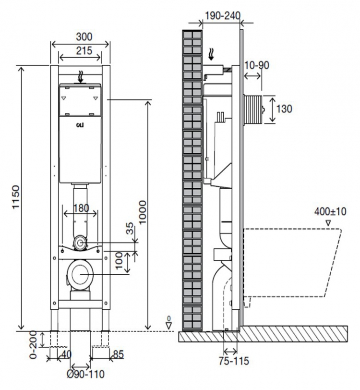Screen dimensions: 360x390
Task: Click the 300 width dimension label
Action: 84,37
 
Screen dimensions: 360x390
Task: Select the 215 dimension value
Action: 84,51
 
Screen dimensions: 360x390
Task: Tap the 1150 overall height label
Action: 16,197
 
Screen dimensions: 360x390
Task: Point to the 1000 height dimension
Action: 143,212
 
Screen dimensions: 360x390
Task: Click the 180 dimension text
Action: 81,208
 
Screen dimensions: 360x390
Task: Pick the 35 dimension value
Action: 130,229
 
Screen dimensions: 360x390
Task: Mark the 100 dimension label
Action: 120,260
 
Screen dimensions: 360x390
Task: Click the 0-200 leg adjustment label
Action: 33,344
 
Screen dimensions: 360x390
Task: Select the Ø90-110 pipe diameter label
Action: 86,374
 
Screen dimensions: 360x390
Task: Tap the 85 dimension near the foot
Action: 118,354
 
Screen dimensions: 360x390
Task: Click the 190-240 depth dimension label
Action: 223,16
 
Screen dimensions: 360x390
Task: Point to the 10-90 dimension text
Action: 257,65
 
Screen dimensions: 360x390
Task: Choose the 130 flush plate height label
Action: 284,109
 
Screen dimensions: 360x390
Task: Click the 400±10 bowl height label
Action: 330,212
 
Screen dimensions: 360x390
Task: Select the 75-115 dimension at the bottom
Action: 234,361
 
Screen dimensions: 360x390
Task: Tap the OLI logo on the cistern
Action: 80,125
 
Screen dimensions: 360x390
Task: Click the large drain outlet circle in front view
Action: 80,274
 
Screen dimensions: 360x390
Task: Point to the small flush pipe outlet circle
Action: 80,243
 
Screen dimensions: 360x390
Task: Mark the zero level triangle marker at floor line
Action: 169,326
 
